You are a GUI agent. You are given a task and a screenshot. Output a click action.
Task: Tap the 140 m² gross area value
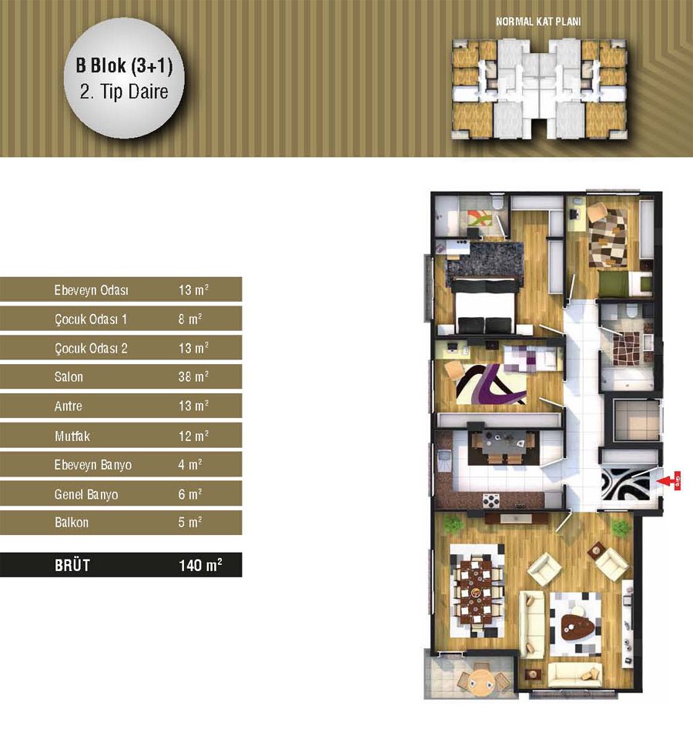(x=200, y=565)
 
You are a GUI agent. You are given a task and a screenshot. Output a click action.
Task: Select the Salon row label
(x=69, y=376)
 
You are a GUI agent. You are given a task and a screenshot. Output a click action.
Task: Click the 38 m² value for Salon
(x=193, y=376)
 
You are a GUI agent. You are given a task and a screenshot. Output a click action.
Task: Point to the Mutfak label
(x=72, y=436)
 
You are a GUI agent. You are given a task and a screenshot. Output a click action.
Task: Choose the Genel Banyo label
(x=86, y=494)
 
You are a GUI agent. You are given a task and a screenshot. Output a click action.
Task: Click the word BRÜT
(x=72, y=565)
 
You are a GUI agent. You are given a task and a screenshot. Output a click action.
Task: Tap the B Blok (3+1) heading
(x=124, y=66)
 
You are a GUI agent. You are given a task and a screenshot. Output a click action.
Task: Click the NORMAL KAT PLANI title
(x=538, y=22)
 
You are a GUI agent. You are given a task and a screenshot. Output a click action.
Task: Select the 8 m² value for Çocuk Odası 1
(x=190, y=319)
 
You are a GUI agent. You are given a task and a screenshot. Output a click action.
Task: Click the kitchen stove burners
(x=491, y=500)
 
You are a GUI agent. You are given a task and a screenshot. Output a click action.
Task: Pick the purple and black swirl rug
(x=491, y=385)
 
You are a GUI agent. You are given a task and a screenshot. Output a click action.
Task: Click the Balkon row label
(x=72, y=522)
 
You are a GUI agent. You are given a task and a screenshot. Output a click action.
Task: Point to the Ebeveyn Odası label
(x=91, y=290)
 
